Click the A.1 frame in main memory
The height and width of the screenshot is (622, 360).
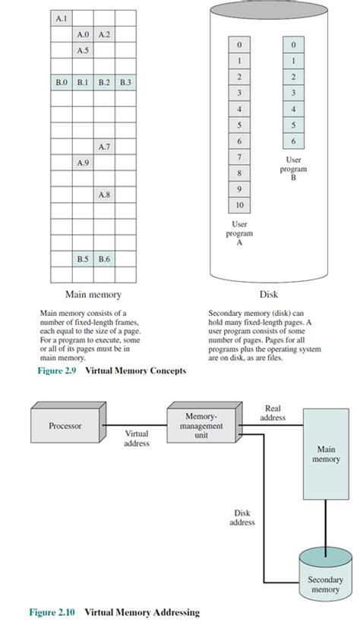[x=62, y=17]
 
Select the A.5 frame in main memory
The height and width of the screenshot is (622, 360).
[x=84, y=50]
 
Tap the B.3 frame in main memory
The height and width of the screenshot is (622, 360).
[x=125, y=82]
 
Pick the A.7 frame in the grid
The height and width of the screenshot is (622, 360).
[x=105, y=146]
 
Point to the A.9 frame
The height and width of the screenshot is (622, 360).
[x=84, y=163]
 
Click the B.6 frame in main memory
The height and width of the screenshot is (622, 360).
[x=105, y=259]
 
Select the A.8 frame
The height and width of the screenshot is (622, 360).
[x=105, y=194]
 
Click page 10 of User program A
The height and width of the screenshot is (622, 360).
[x=239, y=204]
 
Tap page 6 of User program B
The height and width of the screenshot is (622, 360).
[x=293, y=141]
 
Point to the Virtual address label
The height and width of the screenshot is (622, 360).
[x=137, y=437]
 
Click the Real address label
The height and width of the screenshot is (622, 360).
[x=273, y=413]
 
